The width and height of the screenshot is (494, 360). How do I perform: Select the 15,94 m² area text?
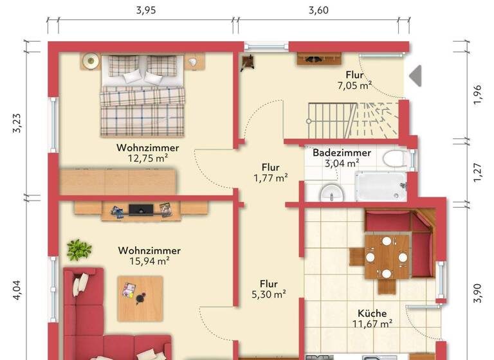[149, 261]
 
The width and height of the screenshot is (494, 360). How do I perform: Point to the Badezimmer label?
[342, 153]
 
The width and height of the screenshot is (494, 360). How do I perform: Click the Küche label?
[373, 314]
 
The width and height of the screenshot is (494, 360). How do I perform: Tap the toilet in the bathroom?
[392, 157]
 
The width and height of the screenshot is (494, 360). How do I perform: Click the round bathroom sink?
[331, 192]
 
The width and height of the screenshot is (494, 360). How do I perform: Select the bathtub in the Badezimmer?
[381, 186]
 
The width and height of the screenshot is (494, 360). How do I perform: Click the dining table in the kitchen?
[387, 256]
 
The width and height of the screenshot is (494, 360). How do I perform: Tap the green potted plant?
[78, 249]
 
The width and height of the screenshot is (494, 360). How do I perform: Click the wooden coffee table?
[140, 298]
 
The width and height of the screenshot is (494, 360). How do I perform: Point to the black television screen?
[141, 209]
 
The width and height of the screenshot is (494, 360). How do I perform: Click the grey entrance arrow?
[416, 75]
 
